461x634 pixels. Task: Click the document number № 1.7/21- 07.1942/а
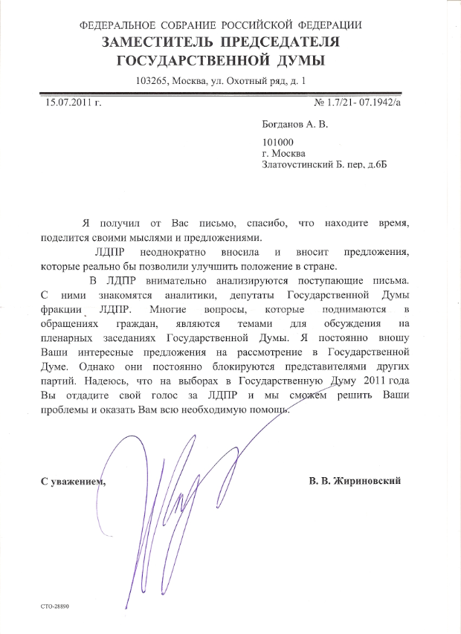(x=358, y=103)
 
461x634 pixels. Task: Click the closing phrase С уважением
(x=74, y=481)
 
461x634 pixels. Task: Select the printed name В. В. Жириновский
(x=355, y=481)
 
